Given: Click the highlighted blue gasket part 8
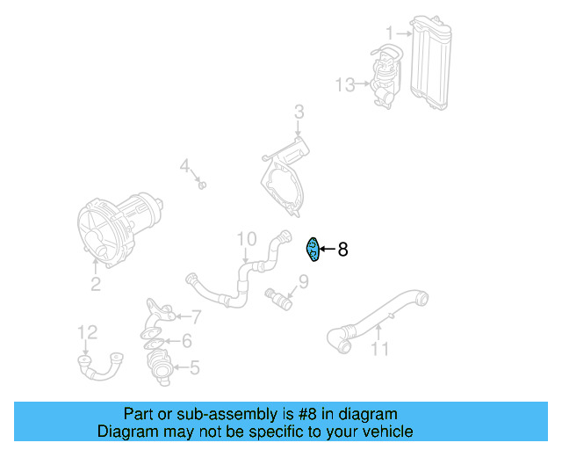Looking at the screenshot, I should point(311,250).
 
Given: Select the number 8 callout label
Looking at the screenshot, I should point(342,250).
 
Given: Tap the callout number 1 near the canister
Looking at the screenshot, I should point(389,34).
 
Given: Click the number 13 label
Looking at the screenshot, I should point(345,85).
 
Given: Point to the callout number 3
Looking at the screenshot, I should point(299,112).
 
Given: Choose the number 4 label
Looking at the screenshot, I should point(185,165).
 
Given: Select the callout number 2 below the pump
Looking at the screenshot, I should point(95,284).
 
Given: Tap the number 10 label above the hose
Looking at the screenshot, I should point(246,238).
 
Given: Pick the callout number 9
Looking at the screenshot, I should point(303,282).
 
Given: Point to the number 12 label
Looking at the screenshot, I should point(87,332).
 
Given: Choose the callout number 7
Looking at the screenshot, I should point(197,317).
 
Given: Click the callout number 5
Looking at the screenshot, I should point(194,367).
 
